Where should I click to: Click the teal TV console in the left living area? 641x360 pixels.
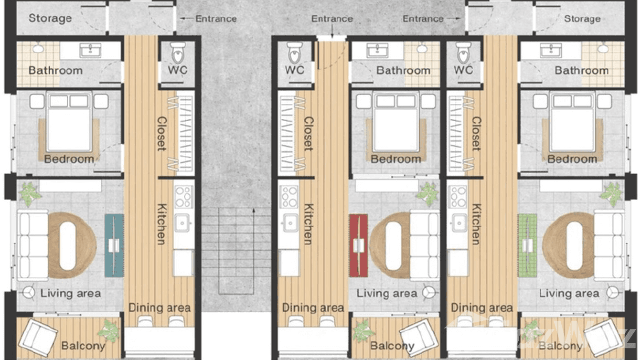114,245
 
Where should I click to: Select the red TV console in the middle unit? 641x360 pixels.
358,245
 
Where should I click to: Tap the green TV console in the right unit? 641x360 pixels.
527,245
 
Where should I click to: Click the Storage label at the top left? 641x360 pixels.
50,19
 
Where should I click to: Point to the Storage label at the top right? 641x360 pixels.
582,19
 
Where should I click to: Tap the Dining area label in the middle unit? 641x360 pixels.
313,308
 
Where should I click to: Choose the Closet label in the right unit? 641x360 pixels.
476,134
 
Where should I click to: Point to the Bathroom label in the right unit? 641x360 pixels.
581,71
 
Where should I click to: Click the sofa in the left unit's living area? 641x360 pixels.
32,246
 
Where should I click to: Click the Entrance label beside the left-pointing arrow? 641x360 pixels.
215,19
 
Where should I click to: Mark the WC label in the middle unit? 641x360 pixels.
295,70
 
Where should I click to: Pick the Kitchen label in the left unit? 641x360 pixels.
162,224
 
